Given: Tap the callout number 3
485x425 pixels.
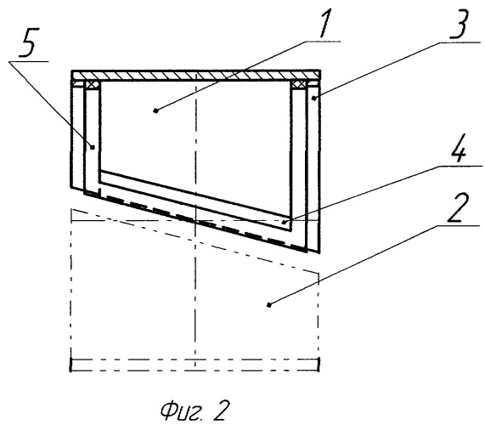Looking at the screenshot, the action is tap(458, 24).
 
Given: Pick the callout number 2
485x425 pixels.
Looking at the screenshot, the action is tap(459, 207).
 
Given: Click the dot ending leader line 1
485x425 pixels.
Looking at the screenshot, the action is tap(156, 110).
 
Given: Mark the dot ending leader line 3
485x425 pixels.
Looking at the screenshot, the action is tap(313, 99).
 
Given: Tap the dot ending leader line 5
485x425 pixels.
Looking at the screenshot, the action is tap(93, 147).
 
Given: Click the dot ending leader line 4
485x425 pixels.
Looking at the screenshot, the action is tap(284, 222).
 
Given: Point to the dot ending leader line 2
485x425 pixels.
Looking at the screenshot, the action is tap(268, 305).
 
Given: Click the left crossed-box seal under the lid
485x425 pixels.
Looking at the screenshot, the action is tap(92, 85).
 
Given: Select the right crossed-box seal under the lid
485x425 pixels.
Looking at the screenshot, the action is tap(298, 85).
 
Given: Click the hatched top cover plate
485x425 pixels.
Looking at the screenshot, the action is tap(196, 76).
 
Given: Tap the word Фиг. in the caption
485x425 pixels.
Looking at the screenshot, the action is tap(181, 411).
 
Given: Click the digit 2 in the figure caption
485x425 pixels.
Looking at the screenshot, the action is tap(220, 411).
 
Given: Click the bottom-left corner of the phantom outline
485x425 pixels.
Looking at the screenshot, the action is tap(71, 371).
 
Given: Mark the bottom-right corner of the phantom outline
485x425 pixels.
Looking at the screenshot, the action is tap(319, 371).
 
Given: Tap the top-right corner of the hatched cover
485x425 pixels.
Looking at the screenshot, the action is tap(320, 71).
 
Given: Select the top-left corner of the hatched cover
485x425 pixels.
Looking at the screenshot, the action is tap(71, 71).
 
